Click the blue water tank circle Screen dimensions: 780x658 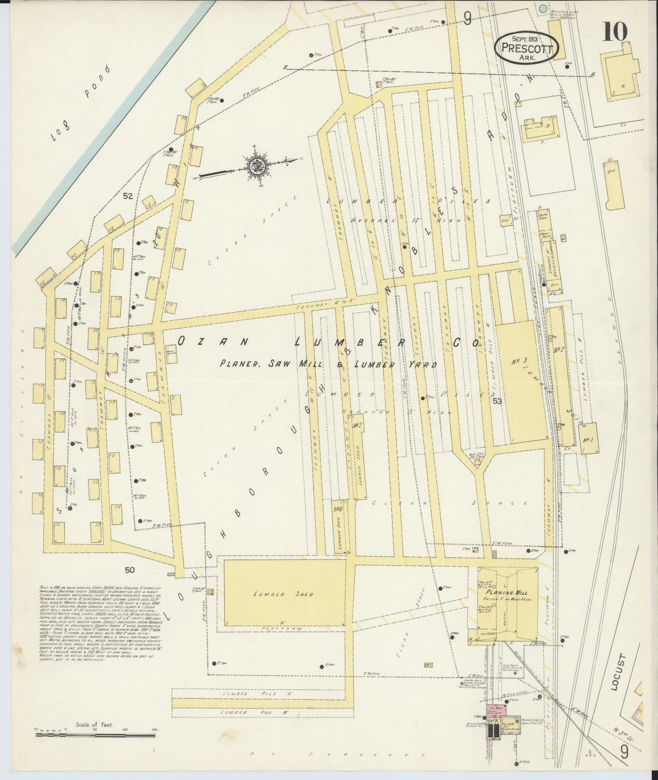coord(542,8)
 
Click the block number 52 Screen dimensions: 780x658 coord(128,196)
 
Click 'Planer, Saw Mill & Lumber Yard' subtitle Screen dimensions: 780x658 coord(328,364)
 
